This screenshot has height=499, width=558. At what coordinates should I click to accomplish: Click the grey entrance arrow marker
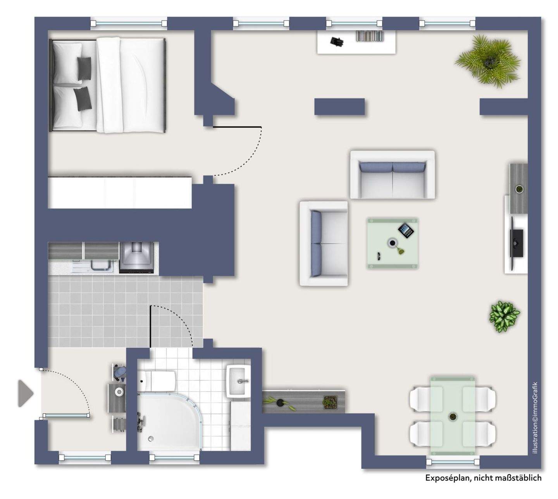pyautogui.click(x=26, y=394)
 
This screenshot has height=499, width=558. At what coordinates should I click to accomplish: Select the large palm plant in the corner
pyautogui.click(x=487, y=60)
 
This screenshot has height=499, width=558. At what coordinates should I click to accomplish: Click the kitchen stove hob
pyautogui.click(x=137, y=257)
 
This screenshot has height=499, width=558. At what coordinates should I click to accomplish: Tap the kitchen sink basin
pyautogui.click(x=101, y=265)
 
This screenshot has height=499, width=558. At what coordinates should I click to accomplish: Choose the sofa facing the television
pyautogui.click(x=324, y=243)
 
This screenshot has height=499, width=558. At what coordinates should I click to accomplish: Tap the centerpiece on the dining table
pyautogui.click(x=452, y=417)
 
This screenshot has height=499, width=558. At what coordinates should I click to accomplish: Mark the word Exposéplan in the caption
pyautogui.click(x=446, y=478)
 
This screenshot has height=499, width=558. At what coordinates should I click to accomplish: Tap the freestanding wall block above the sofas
pyautogui.click(x=339, y=107)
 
